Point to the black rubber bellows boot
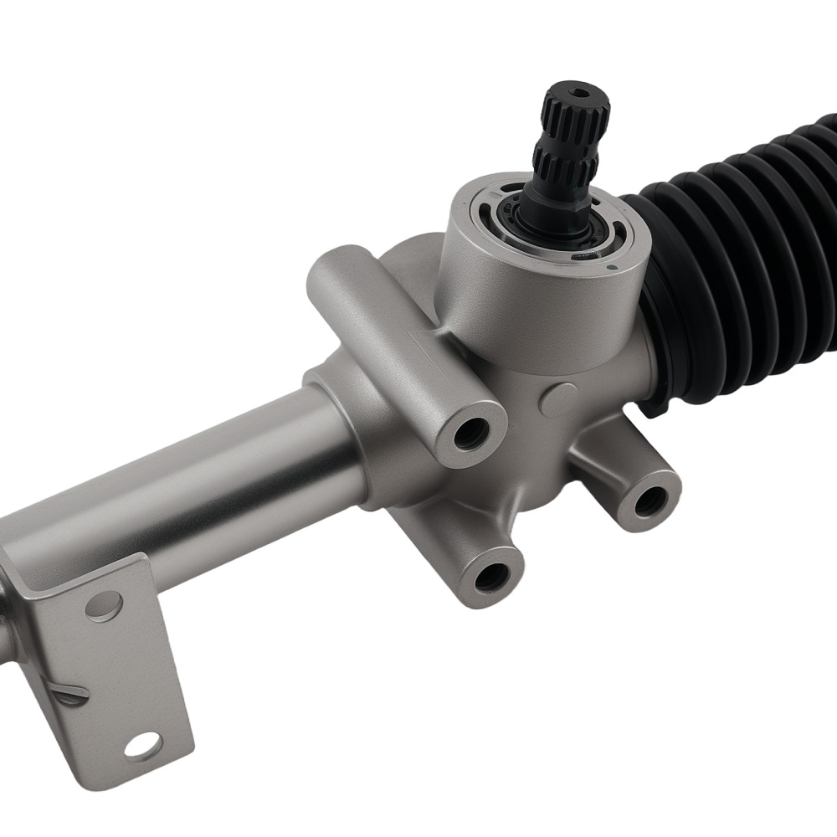pos(737,251)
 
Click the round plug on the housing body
pos(557,400)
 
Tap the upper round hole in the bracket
pos(103,603)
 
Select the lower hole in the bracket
pos(143,744)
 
